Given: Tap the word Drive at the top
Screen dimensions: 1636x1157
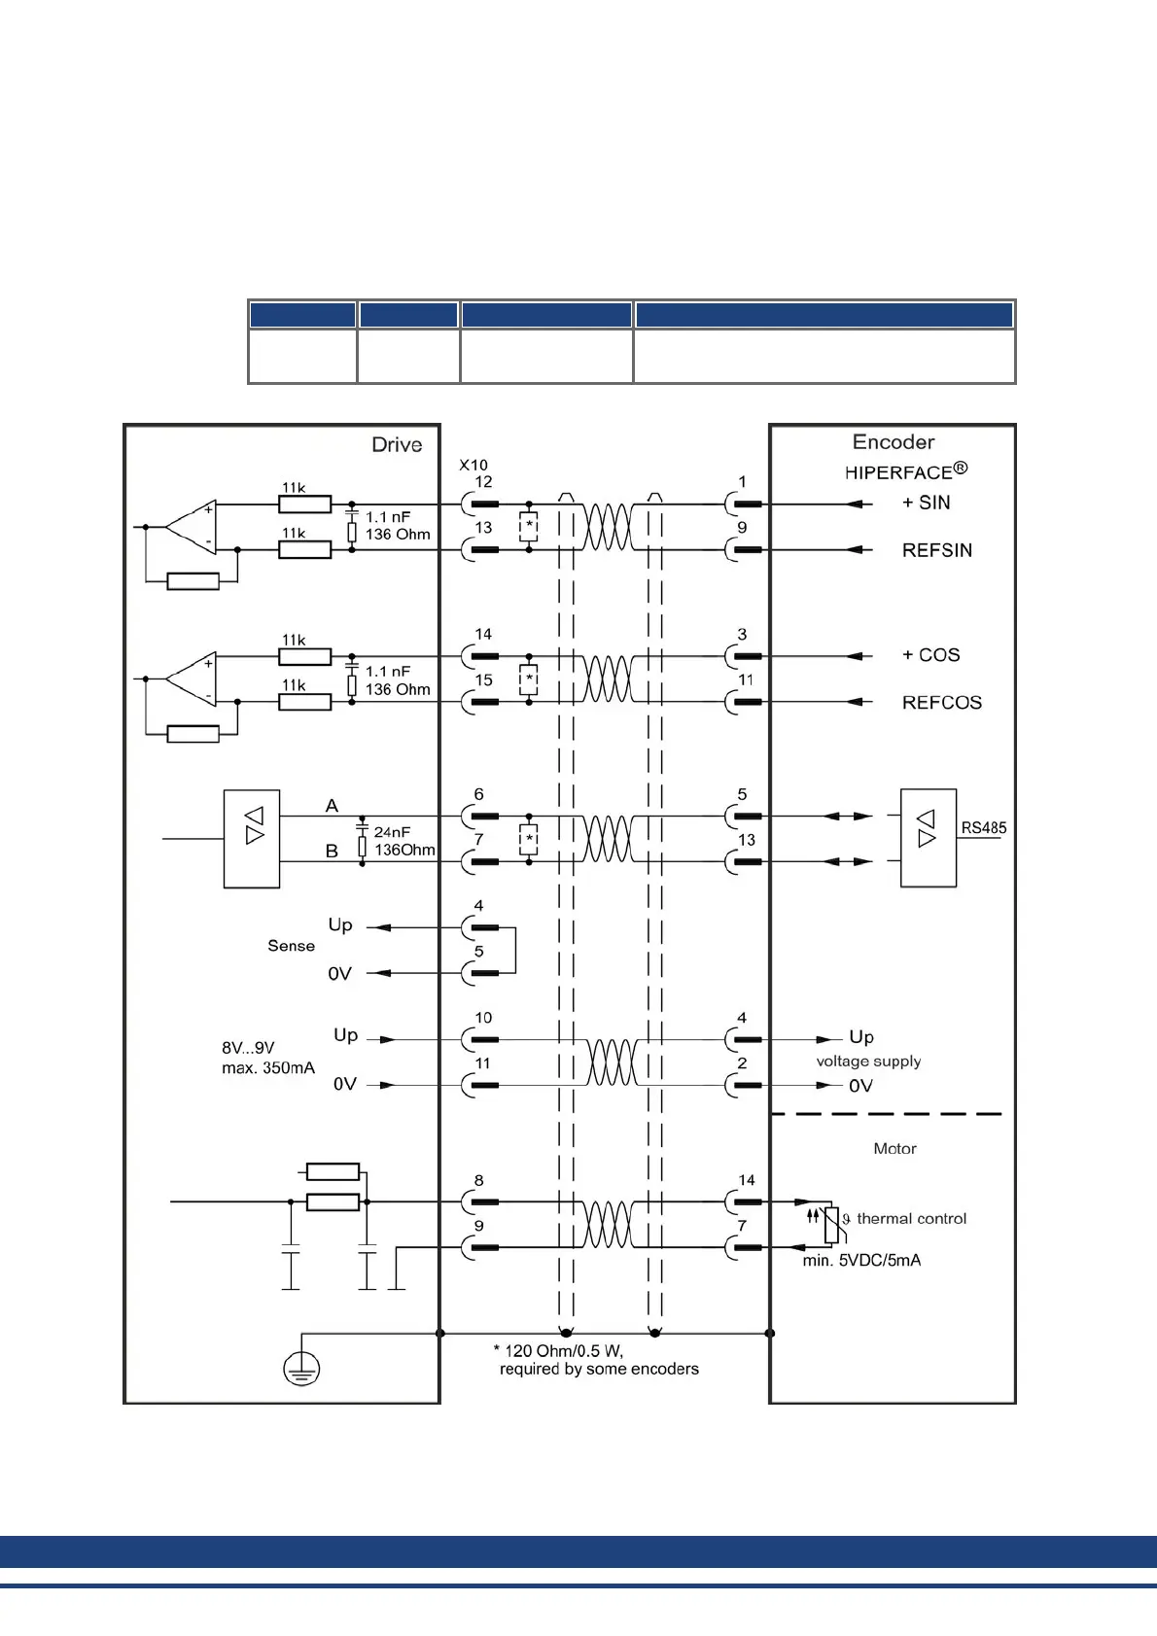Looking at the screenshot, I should [x=397, y=445].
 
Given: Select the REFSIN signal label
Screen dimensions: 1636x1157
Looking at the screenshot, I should [x=936, y=550].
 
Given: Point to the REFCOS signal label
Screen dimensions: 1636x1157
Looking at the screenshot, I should [x=941, y=703].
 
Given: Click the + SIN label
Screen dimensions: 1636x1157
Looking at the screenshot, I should [x=926, y=503].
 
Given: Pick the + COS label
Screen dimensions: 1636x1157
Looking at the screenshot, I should [x=930, y=655].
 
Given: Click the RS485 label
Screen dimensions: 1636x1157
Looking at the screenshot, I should [x=983, y=828].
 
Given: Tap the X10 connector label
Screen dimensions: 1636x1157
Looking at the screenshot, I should [x=473, y=466].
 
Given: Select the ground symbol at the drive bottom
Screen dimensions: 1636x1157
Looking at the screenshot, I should [x=301, y=1369].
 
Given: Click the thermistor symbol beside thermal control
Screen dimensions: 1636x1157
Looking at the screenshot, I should [x=831, y=1224].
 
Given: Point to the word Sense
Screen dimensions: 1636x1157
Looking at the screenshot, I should [x=291, y=946].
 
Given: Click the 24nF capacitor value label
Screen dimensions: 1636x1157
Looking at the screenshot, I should [x=392, y=832].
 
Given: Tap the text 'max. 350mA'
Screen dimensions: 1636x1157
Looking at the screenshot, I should [x=268, y=1068].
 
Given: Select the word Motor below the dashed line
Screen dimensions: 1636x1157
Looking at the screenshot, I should [x=894, y=1149].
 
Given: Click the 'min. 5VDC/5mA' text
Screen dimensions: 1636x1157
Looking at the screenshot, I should [x=861, y=1261].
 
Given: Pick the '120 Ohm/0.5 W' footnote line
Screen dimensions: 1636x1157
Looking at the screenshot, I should [x=558, y=1351].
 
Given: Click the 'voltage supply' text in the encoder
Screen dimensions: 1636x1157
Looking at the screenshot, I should [x=868, y=1062].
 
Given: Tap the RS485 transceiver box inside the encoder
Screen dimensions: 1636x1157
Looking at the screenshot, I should [x=928, y=838].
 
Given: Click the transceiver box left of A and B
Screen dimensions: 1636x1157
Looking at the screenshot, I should [x=252, y=839].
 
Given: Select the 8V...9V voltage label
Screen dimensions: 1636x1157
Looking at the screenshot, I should [x=248, y=1048].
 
